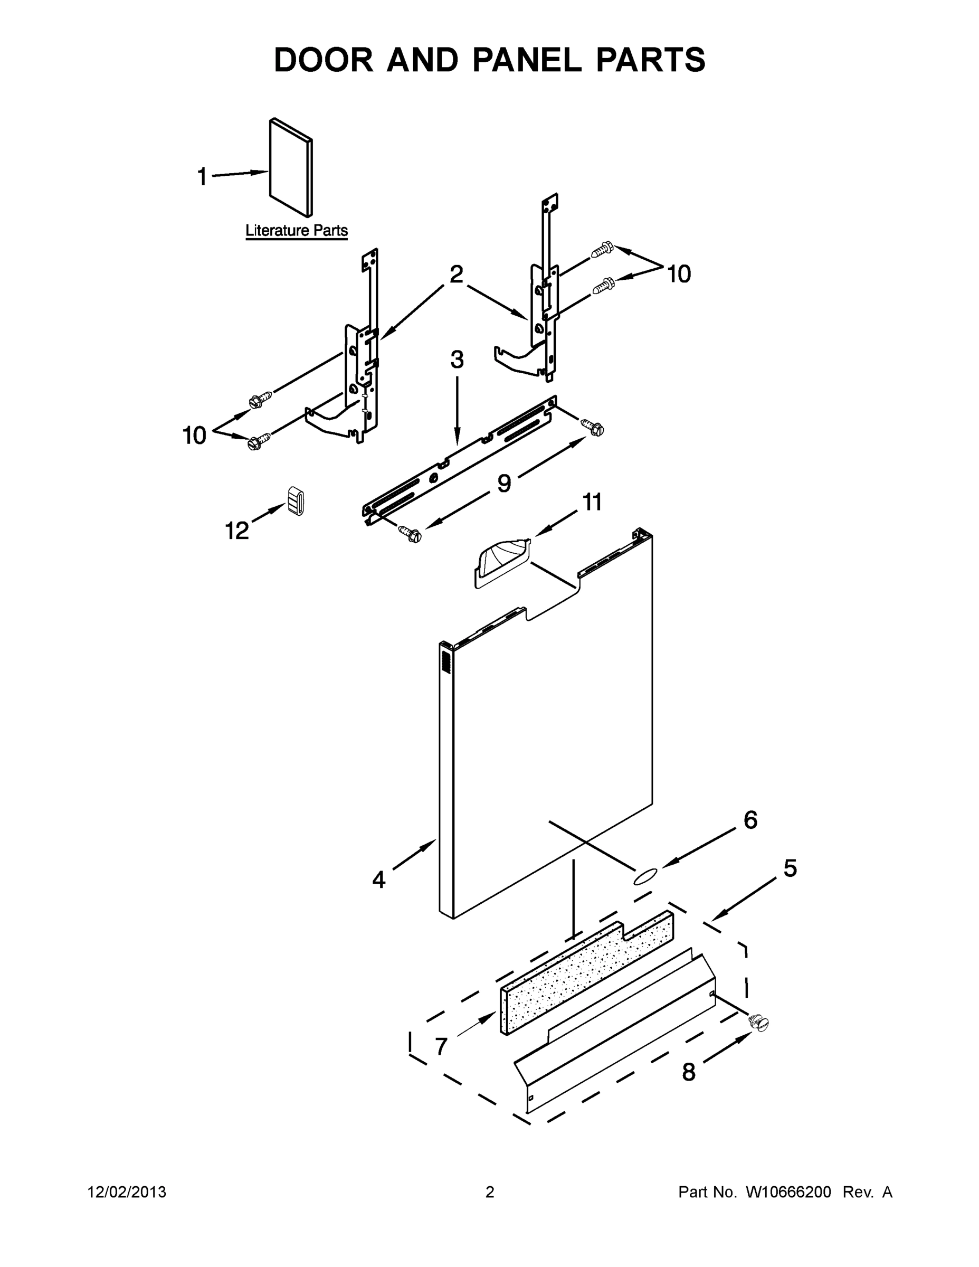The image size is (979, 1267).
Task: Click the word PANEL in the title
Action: [x=527, y=60]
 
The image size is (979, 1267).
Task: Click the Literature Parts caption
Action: [x=297, y=230]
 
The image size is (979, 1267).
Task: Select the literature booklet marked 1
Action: [x=291, y=168]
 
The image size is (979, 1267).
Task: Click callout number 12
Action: [x=236, y=530]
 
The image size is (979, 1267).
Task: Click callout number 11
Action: [x=592, y=502]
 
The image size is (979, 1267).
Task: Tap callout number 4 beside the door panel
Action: [x=378, y=880]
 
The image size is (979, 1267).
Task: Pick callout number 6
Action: [x=750, y=820]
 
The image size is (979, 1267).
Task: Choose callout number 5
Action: [x=790, y=868]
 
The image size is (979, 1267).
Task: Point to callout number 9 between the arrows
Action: [x=503, y=483]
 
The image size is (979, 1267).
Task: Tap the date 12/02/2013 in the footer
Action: [x=127, y=1192]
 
